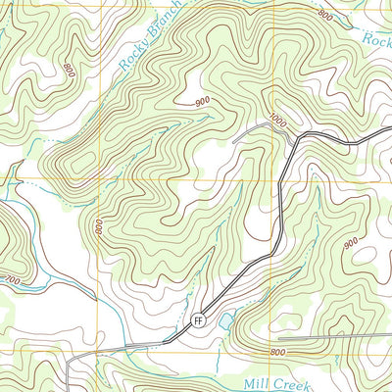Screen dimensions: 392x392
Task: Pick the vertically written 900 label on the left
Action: [99, 227]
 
